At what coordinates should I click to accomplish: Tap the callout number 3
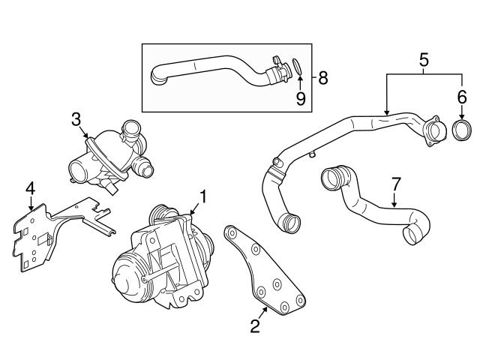coord(76,118)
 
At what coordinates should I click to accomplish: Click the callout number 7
coord(396,183)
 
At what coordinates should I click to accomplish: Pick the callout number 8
coord(323,76)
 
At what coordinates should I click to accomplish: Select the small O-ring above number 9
coord(297,66)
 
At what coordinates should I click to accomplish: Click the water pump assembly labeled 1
coord(161,255)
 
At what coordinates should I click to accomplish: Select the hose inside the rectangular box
coord(217,71)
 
